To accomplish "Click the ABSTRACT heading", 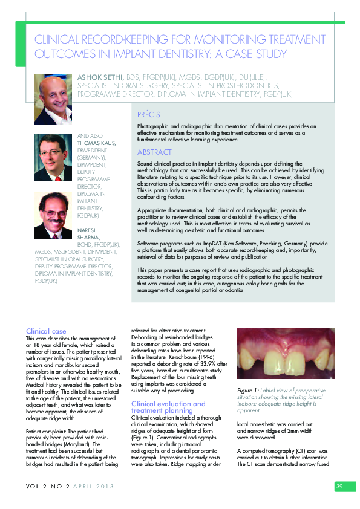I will point(154,152).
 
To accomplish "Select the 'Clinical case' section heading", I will point(46,331).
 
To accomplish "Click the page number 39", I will point(339,487).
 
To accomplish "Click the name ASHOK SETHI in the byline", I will point(100,78).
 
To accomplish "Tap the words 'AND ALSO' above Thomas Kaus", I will point(85,136).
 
